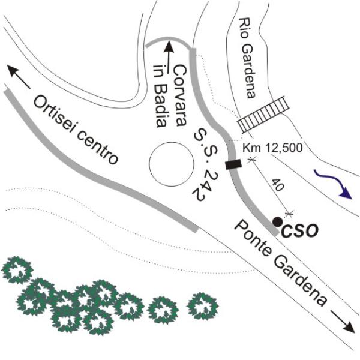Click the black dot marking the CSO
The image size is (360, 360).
click(278, 221)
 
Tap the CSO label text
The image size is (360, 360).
click(299, 230)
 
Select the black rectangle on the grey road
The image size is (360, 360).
click(233, 164)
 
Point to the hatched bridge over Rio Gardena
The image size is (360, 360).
click(263, 114)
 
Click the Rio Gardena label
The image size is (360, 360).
click(247, 58)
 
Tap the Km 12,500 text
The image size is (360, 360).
click(272, 148)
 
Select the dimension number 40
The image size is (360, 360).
click(278, 185)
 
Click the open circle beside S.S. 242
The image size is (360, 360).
click(171, 143)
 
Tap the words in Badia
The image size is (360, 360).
click(160, 96)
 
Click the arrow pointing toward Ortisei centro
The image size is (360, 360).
click(19, 77)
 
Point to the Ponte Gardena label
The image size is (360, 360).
click(280, 263)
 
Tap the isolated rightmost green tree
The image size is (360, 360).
click(202, 306)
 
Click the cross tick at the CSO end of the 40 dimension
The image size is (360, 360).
click(289, 214)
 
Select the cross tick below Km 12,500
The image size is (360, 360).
click(251, 160)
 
